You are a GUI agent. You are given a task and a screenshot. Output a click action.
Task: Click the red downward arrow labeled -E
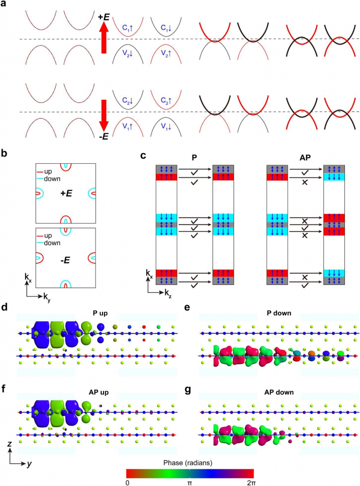coord(104,115)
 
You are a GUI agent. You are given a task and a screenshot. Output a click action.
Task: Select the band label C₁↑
coord(127,28)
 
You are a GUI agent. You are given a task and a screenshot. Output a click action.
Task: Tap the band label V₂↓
coord(127,53)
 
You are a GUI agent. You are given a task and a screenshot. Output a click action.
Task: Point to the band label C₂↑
coord(166,101)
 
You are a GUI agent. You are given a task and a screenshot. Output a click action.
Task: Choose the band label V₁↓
coord(166,126)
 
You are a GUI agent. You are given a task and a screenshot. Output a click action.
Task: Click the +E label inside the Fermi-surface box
coord(66,194)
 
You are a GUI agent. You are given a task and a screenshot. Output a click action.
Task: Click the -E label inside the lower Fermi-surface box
coord(65,261)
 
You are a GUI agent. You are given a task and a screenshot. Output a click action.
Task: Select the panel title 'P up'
coord(100,313)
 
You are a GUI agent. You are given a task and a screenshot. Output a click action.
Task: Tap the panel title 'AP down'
coord(279,392)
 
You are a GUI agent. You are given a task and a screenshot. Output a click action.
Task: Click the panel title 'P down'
coord(279,313)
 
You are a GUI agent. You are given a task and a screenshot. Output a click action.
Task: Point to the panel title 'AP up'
coord(99,392)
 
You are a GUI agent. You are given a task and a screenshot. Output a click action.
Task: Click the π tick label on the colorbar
coord(190,483)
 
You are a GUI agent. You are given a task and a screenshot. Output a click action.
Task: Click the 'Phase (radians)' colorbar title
coord(188,463)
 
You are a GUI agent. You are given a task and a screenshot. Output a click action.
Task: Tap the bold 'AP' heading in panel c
coord(305,158)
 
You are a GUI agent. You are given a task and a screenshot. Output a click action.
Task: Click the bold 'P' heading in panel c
coord(194,158)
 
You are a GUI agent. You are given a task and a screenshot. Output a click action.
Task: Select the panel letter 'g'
coord(188,389)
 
